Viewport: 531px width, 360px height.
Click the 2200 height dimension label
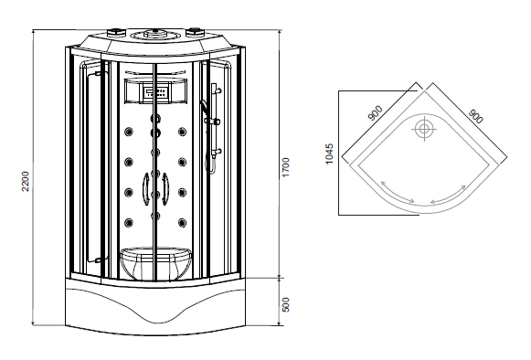pos(26,182)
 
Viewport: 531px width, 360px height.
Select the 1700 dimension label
pos(286,167)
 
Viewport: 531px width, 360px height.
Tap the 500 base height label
pos(286,305)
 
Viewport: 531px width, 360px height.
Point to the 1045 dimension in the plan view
pos(329,154)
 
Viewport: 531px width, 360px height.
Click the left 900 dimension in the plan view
pos(376,113)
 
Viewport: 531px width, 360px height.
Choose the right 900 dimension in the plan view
pos(476,116)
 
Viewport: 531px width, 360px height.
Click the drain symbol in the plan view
pos(424,129)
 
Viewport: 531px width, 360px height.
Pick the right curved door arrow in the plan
pos(450,196)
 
